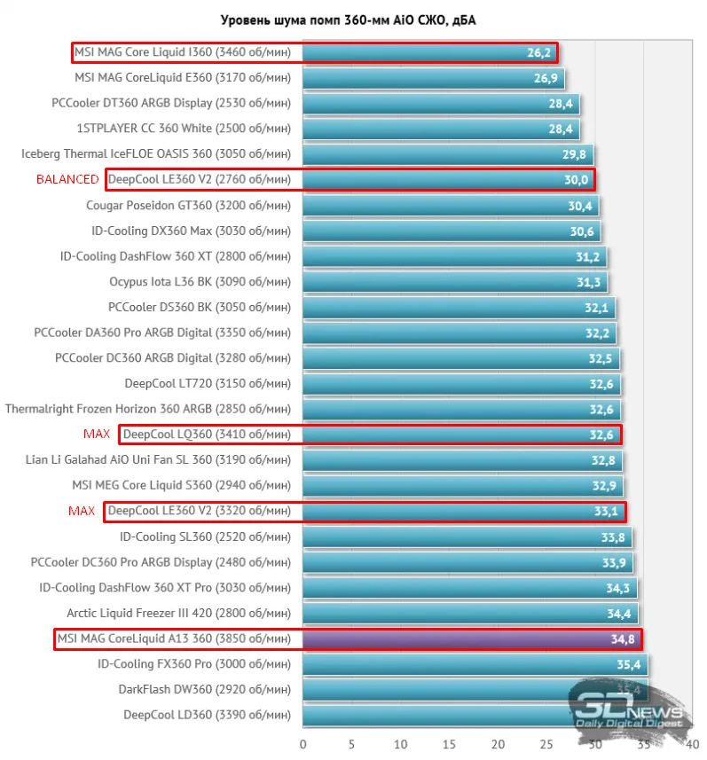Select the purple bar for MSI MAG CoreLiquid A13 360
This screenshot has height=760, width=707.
(470, 639)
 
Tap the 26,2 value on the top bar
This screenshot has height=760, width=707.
(538, 52)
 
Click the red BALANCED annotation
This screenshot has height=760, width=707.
(67, 179)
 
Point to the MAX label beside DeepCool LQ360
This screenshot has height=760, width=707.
(97, 435)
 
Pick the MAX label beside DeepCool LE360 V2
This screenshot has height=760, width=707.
(82, 512)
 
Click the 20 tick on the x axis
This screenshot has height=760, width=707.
(499, 744)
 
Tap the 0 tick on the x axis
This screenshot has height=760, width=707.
(303, 744)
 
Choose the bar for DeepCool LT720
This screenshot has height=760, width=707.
(461, 384)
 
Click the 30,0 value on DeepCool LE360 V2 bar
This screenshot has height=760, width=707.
(576, 180)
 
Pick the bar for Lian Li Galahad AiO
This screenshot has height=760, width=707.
(462, 460)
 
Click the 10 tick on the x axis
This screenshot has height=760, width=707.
(401, 744)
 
